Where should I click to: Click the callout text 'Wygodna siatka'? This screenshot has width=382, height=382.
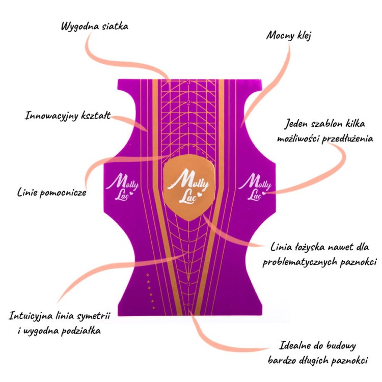click(x=95, y=26)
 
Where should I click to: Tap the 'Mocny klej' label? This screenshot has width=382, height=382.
click(x=289, y=36)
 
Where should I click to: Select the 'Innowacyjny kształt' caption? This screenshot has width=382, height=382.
click(x=68, y=116)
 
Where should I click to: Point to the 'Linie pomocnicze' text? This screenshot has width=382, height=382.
click(x=51, y=193)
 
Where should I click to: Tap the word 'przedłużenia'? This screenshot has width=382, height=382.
click(x=347, y=139)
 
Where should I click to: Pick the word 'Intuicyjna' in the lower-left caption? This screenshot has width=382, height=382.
click(x=31, y=316)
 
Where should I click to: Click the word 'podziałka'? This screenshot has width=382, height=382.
click(x=80, y=331)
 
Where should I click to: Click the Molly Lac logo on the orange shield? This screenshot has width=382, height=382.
click(x=188, y=186)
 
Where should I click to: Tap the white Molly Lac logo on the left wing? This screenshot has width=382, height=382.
click(x=122, y=186)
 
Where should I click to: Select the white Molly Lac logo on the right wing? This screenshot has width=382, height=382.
click(x=255, y=186)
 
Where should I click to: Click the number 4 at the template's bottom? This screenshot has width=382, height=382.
click(x=188, y=305)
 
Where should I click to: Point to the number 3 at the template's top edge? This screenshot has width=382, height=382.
click(x=188, y=82)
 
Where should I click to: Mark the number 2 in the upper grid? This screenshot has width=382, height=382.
click(x=188, y=103)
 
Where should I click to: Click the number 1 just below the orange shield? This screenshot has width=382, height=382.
click(x=188, y=241)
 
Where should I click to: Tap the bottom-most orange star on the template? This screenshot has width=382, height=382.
click(x=153, y=308)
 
